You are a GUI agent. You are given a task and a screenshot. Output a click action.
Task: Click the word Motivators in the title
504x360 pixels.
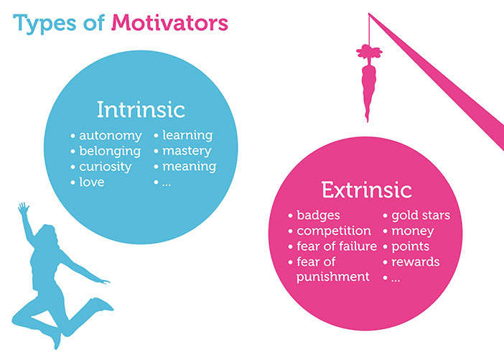pos(169,23)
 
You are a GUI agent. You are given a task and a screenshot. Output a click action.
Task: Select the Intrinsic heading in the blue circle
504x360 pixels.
pos(141,110)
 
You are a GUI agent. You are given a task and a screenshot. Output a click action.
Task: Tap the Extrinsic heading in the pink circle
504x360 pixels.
pos(366,190)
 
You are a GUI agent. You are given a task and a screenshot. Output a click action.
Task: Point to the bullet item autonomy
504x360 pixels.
pos(109,135)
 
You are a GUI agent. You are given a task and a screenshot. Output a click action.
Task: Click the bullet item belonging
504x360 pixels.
pos(110,151)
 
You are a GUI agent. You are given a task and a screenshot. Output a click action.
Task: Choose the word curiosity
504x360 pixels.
pos(106,167)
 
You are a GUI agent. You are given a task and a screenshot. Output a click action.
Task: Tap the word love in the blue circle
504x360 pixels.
pos(92,183)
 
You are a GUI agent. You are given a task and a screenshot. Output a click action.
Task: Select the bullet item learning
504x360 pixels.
pos(187,135)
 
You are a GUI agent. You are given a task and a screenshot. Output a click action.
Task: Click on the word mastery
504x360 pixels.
pos(187,151)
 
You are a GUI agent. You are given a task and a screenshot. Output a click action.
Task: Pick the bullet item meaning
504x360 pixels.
pos(188,167)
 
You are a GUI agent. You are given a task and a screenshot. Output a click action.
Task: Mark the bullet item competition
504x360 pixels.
pos(334,231)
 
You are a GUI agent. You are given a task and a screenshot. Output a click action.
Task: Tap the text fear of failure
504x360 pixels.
pos(337,246)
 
